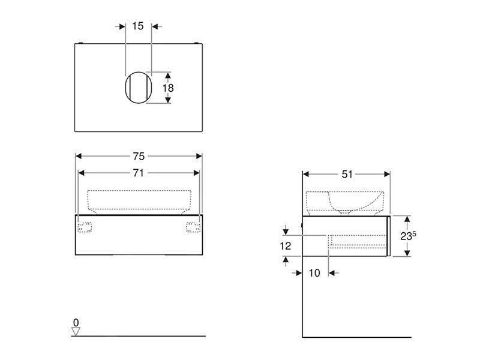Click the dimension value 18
click(169, 88)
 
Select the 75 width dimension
click(139, 156)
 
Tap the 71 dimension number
click(139, 173)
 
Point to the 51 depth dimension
click(347, 174)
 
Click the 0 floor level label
click(76, 323)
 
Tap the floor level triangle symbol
click(76, 332)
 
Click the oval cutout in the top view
click(137, 88)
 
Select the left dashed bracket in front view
click(85, 226)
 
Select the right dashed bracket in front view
click(193, 226)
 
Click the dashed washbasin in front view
click(139, 200)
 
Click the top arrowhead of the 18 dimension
click(169, 75)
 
